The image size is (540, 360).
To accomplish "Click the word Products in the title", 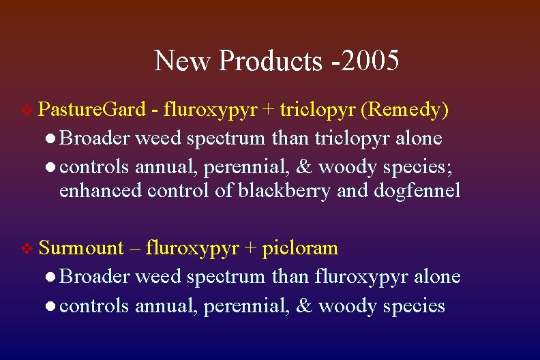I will tap(270, 61).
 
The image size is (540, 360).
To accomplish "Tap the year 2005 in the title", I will tap(372, 60).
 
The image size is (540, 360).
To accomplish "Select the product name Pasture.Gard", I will tap(92, 109).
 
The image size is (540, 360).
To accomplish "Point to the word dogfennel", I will tap(417, 191).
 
